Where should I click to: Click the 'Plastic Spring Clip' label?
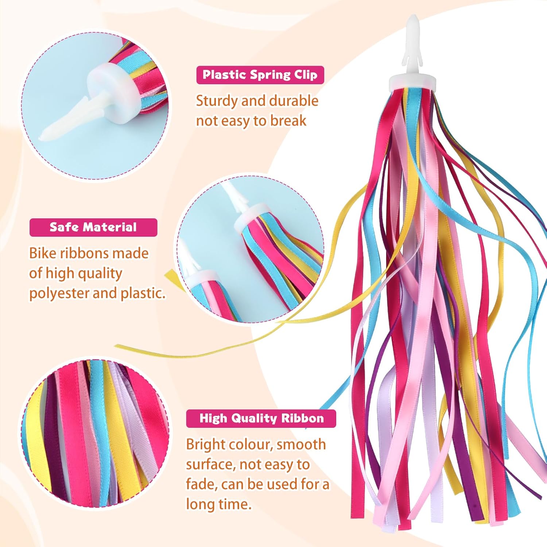(260, 75)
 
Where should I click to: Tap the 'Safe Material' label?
(93, 227)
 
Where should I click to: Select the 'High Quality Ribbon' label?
(261, 418)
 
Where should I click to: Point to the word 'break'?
(288, 121)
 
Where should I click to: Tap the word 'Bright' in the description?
(205, 445)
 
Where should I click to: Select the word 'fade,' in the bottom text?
(201, 484)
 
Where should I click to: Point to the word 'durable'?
(294, 101)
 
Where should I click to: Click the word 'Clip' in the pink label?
(306, 75)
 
